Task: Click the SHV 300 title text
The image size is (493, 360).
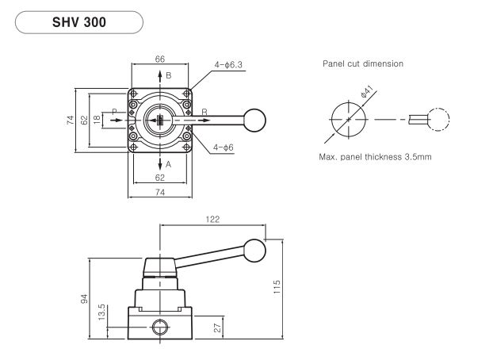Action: click(79, 22)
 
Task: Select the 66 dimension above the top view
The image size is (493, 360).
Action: click(160, 59)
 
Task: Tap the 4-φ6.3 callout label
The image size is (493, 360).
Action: click(228, 65)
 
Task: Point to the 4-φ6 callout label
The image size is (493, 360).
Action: click(224, 147)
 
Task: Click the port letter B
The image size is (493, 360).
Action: click(169, 75)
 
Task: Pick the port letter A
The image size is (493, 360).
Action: click(168, 164)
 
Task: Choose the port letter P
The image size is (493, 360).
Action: click(114, 112)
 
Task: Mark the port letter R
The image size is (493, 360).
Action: click(204, 112)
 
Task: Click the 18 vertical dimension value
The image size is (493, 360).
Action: click(97, 119)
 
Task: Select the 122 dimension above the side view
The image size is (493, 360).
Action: click(212, 220)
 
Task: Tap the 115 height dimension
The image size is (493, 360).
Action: click(277, 287)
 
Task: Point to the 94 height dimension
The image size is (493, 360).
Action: click(84, 299)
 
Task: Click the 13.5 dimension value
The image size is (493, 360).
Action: click(101, 312)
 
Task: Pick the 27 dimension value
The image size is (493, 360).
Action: click(217, 327)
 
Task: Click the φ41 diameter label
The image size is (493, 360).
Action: click(366, 91)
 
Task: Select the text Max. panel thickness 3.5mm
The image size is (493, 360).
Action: click(375, 157)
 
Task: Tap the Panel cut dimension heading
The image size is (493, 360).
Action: click(363, 64)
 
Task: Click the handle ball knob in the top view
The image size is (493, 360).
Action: click(254, 121)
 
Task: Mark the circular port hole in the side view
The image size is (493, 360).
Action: click(160, 327)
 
